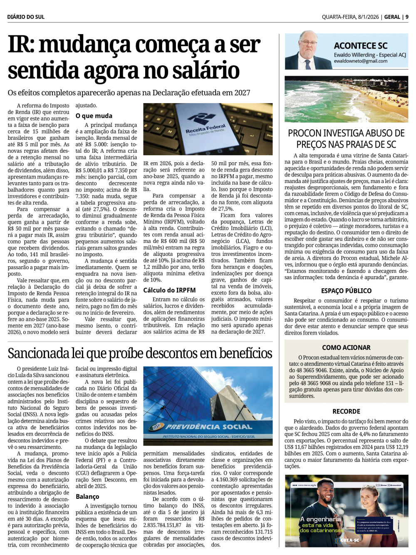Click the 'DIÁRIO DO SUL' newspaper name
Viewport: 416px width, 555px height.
[26, 17]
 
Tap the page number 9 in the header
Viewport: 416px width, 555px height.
[407, 17]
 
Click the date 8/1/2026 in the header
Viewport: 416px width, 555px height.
[369, 17]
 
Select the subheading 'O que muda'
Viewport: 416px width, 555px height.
[94, 116]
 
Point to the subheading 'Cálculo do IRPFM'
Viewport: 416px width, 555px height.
[169, 290]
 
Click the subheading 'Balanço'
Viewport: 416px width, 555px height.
[87, 496]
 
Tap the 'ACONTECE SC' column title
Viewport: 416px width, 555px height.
[361, 46]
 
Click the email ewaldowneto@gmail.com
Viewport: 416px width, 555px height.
[360, 61]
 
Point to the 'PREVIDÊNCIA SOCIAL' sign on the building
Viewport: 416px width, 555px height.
[209, 426]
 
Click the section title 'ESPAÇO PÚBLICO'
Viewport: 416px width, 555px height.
[346, 291]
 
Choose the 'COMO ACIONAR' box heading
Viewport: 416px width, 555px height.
[346, 347]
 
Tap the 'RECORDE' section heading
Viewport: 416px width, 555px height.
[346, 411]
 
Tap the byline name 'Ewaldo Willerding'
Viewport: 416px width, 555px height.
[354, 55]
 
